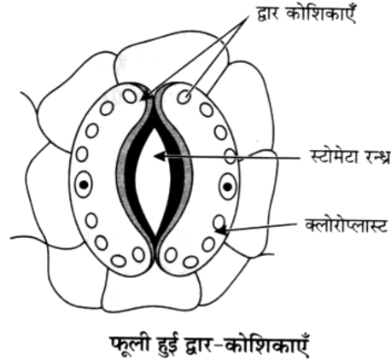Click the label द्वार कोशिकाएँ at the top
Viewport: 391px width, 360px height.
(306, 15)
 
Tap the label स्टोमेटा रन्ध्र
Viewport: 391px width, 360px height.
(350, 156)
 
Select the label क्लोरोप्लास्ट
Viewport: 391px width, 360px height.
(347, 225)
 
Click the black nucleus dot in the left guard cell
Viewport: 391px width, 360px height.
(84, 185)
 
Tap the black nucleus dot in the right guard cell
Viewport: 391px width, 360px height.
(227, 187)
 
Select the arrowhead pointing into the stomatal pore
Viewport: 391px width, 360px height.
(160, 156)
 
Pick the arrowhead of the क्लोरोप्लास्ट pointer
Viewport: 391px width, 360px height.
(220, 229)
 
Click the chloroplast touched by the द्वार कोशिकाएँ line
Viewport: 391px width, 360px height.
(184, 96)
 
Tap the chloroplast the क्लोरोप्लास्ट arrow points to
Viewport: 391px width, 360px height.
(219, 222)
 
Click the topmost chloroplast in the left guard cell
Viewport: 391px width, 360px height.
(130, 96)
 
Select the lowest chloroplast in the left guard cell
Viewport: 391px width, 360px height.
(119, 260)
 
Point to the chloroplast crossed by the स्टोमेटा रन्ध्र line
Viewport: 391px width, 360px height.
(231, 156)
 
